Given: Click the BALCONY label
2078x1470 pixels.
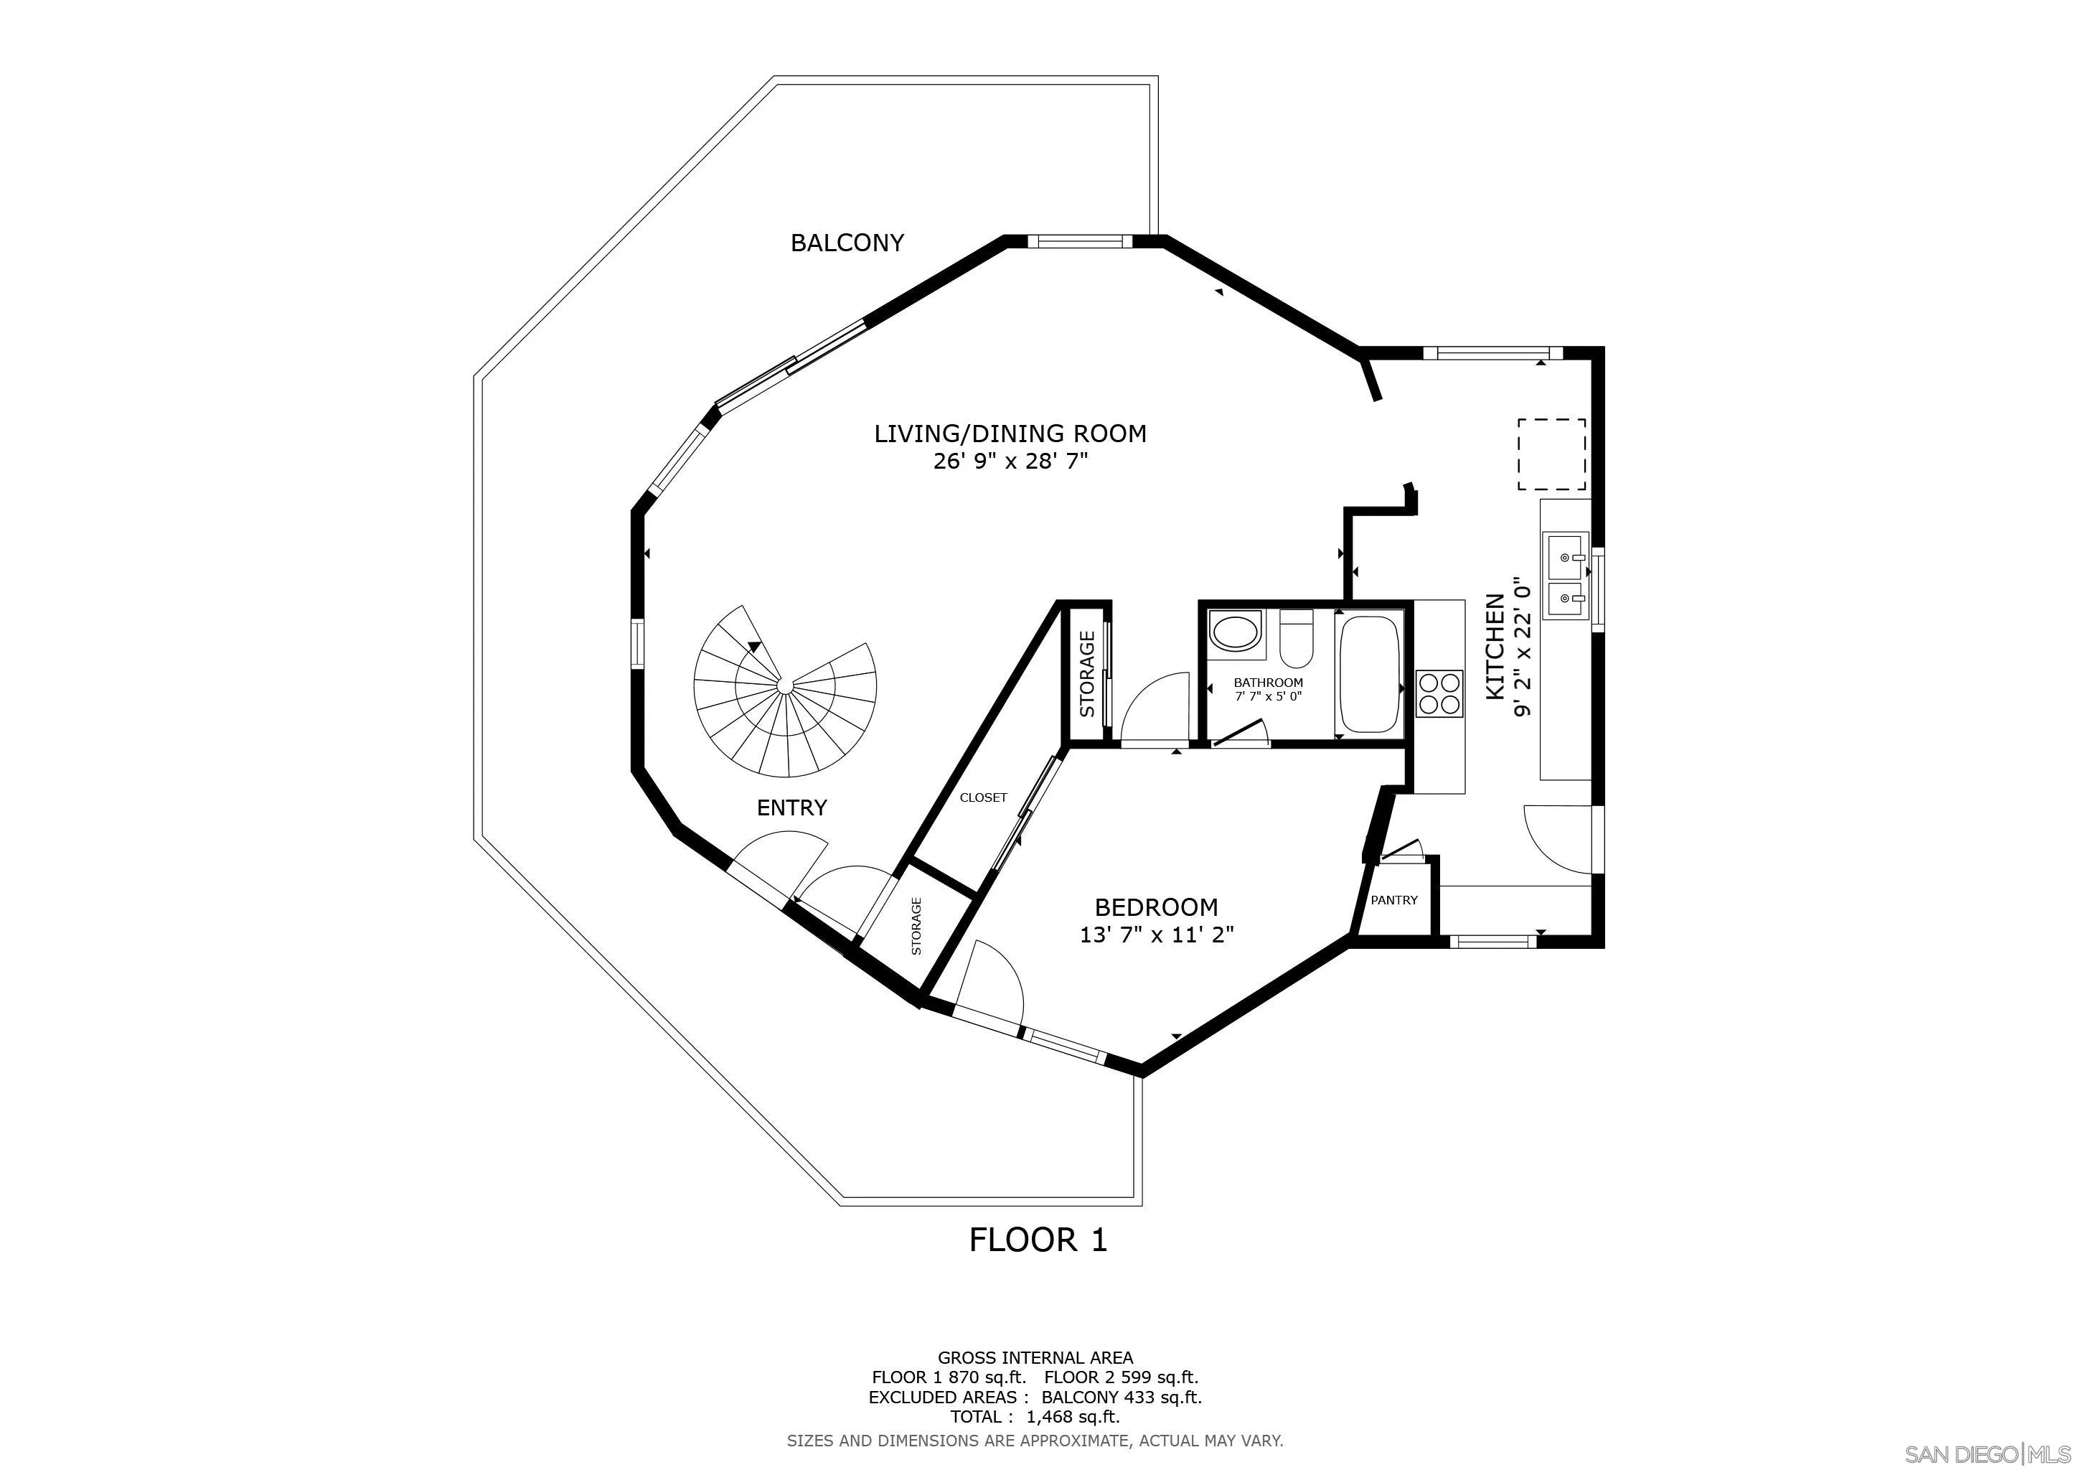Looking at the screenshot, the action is coord(847,243).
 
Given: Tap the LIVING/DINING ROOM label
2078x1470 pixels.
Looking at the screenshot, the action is coord(1010,434).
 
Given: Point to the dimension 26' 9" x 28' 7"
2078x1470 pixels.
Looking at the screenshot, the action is coord(1010,462).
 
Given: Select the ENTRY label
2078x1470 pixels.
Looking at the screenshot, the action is coord(792,808).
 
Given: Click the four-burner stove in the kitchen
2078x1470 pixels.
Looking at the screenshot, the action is coord(1439,693).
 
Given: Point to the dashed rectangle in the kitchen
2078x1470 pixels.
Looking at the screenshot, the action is coord(1551,454).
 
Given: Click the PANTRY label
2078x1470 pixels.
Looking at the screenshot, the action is coord(1393,900).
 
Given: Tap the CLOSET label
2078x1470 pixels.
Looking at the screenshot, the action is coord(984,797).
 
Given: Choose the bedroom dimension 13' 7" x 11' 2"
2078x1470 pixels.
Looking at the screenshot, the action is coord(1157,934).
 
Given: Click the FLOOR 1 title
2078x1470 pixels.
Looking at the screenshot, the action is coord(1038,1239).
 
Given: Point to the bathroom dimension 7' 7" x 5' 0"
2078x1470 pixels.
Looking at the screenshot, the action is coord(1269,696).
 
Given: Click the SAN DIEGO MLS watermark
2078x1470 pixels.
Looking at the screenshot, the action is coord(1989,1453).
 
